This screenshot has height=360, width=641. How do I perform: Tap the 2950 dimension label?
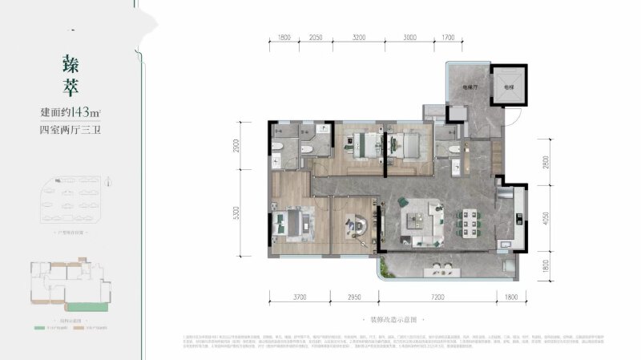[355, 297]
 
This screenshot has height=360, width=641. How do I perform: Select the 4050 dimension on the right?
[545, 219]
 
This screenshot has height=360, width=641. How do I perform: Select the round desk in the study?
[354, 227]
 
